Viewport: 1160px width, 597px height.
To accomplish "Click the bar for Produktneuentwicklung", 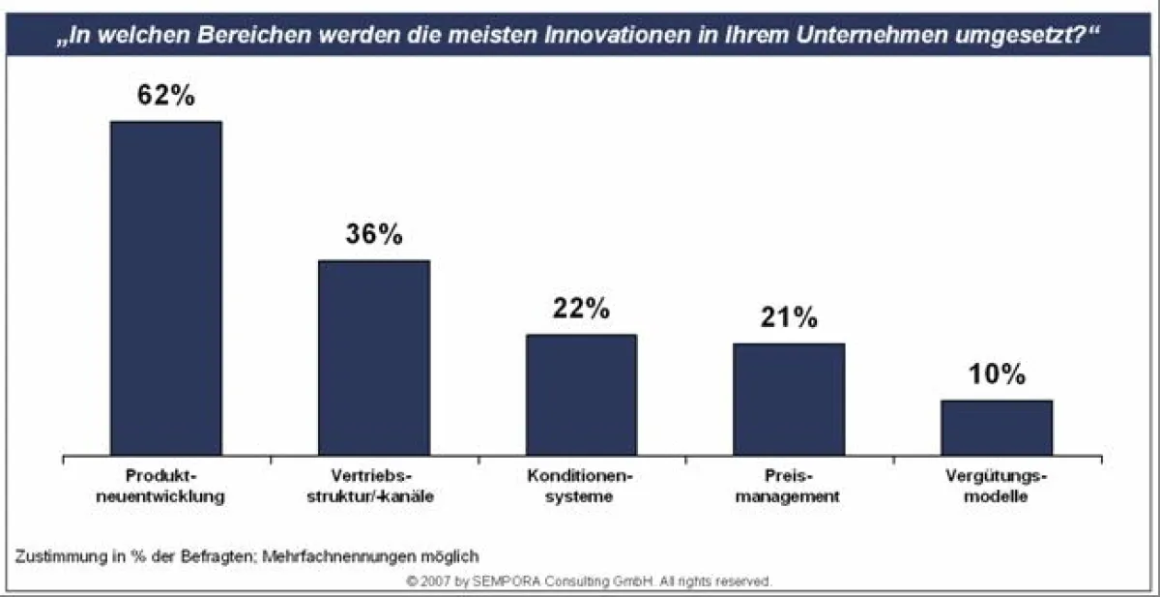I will (165, 287).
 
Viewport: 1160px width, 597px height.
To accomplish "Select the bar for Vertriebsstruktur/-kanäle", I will (373, 357).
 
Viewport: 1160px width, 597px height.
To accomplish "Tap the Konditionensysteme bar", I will (581, 394).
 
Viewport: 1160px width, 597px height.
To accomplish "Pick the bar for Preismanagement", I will (788, 399).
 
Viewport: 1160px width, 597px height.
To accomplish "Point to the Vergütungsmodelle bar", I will (996, 427).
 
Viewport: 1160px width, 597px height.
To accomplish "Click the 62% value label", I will (165, 98).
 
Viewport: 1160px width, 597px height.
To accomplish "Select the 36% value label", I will (373, 235).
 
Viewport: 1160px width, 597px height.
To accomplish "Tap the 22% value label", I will (581, 309).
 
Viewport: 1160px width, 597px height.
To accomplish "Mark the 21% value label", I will (788, 317).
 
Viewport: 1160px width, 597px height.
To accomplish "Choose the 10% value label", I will (996, 375).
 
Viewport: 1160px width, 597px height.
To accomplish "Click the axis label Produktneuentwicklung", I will (165, 488).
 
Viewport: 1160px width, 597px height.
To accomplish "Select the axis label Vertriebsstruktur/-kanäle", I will (373, 488).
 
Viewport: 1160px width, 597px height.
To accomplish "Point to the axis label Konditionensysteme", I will (581, 488).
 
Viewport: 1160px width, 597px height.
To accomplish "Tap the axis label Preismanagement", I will (788, 488).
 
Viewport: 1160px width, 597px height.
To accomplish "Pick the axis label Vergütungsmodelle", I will (996, 488).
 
